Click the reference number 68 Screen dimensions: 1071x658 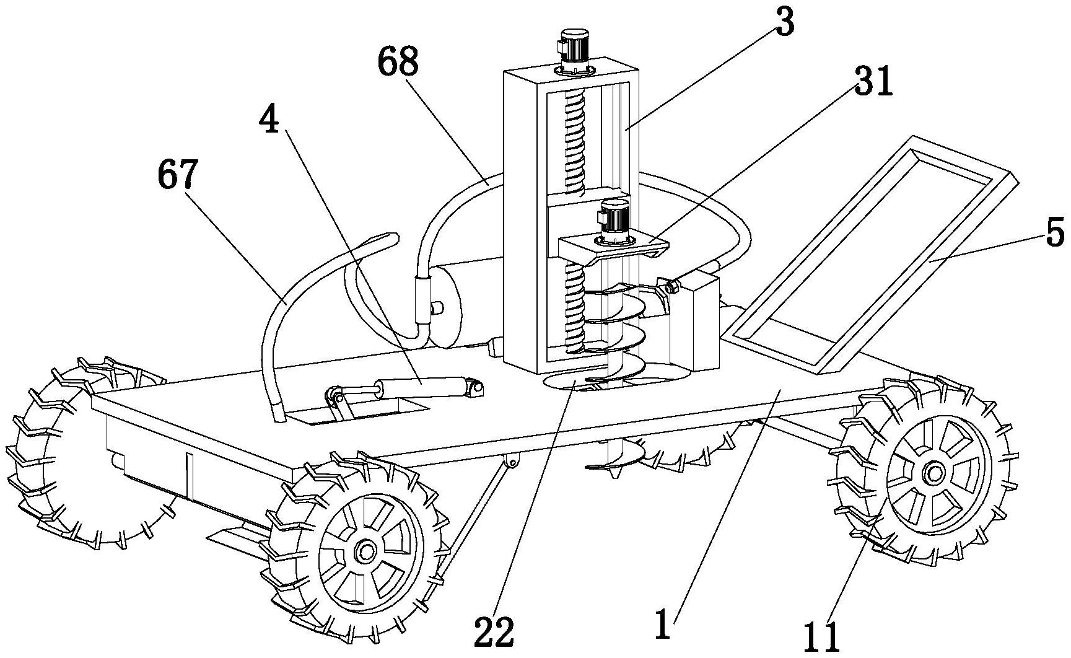(x=398, y=64)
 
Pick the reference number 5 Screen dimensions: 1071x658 (x=1053, y=234)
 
